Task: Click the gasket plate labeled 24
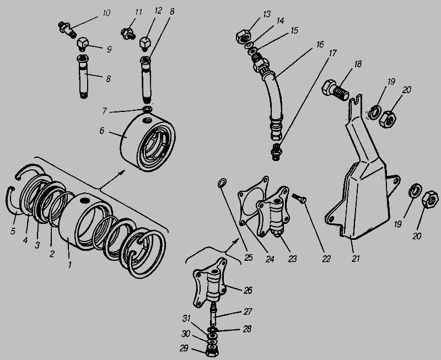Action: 251,203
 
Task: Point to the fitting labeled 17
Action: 277,150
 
